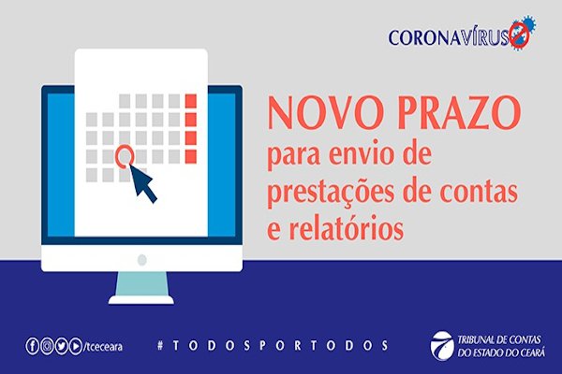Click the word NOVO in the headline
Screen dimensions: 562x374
click(324, 113)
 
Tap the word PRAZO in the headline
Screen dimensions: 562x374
click(458, 113)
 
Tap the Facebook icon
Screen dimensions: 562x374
click(32, 346)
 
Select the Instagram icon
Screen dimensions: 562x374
click(47, 346)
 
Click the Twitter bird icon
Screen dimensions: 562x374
click(61, 346)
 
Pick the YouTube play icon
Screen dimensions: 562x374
click(75, 346)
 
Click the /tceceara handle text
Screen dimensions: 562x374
click(103, 347)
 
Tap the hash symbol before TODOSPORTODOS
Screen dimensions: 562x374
click(160, 345)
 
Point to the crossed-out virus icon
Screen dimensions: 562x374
click(522, 32)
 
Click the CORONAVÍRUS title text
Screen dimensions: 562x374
click(449, 37)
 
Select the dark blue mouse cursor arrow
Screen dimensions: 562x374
click(143, 183)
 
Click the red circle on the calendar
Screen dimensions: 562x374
click(125, 156)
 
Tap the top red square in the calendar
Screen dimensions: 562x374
click(190, 101)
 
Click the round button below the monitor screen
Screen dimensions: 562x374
click(142, 260)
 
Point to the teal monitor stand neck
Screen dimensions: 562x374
click(142, 284)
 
